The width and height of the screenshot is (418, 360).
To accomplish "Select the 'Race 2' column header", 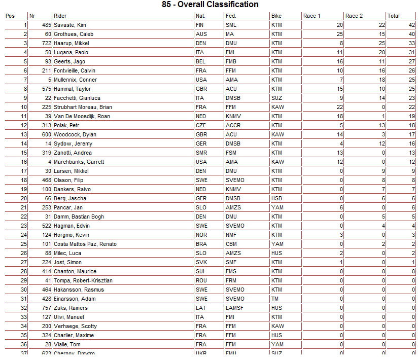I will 354,16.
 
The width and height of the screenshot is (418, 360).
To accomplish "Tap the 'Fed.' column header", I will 231,16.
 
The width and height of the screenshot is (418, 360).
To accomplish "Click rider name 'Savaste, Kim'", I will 69,25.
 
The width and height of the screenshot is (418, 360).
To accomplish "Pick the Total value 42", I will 412,25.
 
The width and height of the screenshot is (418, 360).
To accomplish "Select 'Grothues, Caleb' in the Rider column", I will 73,34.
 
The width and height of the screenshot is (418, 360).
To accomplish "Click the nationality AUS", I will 201,34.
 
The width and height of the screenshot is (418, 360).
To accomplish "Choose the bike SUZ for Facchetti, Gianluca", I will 276,98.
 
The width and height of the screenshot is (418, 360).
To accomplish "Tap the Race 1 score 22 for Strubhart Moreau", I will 339,107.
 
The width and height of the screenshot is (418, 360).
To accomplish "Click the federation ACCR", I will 233,125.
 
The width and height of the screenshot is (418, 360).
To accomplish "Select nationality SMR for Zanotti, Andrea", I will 201,153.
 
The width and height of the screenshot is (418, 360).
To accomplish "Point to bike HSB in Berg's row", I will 276,198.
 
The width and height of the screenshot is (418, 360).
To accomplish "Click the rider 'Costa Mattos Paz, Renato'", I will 85,244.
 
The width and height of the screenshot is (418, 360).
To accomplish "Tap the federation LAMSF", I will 234,308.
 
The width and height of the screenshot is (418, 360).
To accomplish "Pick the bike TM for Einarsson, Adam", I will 275,299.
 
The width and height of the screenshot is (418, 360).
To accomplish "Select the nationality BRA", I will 201,244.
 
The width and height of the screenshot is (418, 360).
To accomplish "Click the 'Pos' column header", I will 10,16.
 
